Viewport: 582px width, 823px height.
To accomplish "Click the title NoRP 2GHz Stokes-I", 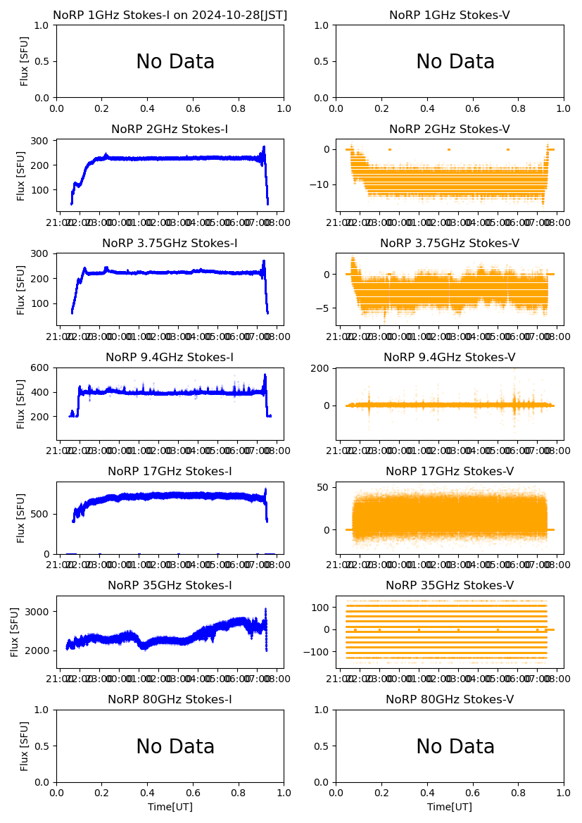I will [170, 130].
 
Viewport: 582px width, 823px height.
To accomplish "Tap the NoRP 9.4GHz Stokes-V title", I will [450, 358].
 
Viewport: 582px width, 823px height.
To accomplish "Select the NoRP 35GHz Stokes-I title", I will [170, 586].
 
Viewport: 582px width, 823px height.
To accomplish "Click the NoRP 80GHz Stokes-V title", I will [450, 700].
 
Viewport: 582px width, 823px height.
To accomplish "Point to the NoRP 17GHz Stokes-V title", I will [450, 472].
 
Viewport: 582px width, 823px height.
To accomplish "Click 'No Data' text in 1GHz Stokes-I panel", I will [175, 62].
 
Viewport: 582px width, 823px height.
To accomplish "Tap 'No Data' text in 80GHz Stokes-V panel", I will [455, 747].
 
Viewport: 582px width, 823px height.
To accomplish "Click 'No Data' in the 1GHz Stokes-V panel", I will [455, 62].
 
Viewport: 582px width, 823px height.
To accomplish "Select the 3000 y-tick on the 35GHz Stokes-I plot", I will [39, 612].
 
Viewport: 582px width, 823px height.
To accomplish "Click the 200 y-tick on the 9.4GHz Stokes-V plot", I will [322, 368].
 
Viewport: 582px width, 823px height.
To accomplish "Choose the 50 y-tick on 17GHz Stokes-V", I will [325, 487].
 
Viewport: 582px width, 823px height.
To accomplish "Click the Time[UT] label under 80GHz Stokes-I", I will [170, 807].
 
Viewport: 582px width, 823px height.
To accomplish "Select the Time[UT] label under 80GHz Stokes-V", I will [450, 807].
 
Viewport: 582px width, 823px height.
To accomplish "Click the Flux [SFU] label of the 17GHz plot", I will [22, 517].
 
